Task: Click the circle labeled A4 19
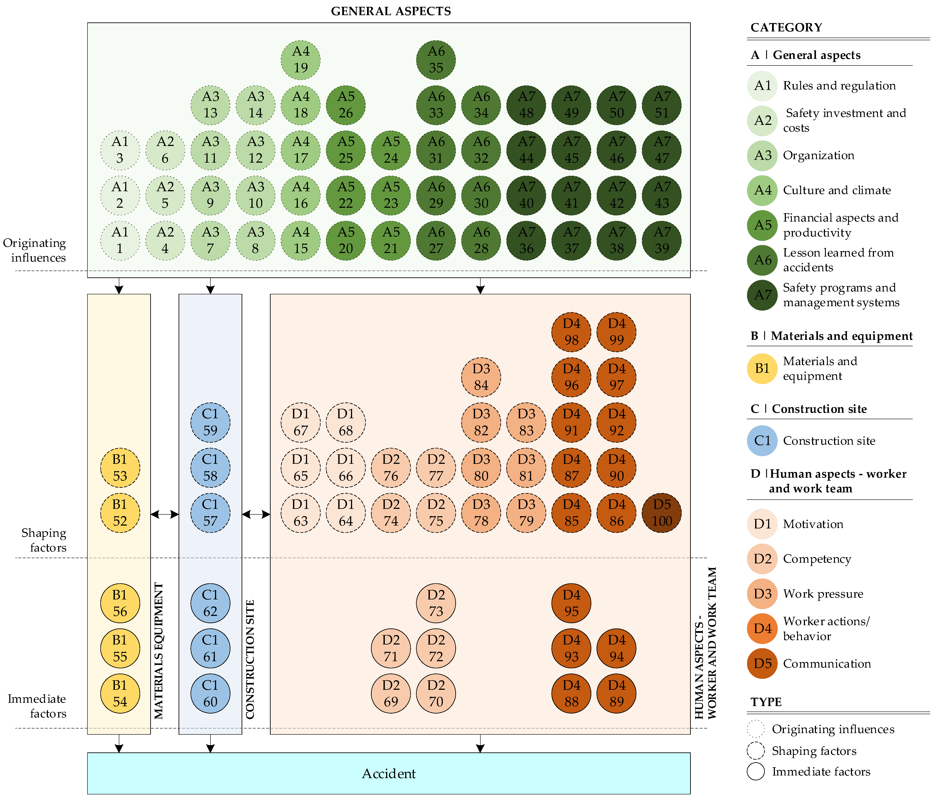click(x=301, y=60)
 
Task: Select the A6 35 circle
click(x=436, y=60)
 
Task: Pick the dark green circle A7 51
click(x=662, y=105)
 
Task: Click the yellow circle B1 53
click(x=120, y=468)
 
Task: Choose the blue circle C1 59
click(x=210, y=422)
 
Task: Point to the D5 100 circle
click(x=662, y=513)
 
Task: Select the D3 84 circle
click(x=481, y=377)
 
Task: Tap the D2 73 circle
click(x=436, y=603)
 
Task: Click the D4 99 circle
click(x=616, y=332)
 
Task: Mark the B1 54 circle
click(x=120, y=693)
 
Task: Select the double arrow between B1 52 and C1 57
click(x=165, y=514)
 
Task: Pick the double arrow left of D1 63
click(x=256, y=514)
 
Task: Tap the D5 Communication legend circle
click(x=762, y=663)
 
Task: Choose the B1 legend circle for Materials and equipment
click(x=762, y=368)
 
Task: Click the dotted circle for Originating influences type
click(x=756, y=729)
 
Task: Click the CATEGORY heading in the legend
click(x=786, y=28)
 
